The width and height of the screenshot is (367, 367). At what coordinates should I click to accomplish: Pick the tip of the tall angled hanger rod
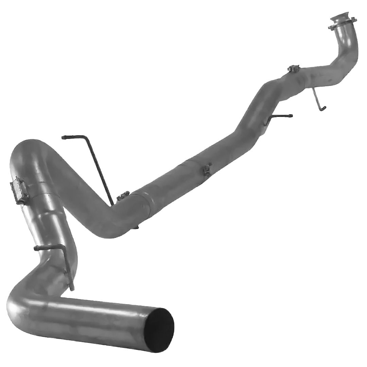64,137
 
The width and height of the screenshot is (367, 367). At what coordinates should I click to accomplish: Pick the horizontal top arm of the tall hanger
73,137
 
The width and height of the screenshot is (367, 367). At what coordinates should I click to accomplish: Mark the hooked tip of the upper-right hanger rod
324,108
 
